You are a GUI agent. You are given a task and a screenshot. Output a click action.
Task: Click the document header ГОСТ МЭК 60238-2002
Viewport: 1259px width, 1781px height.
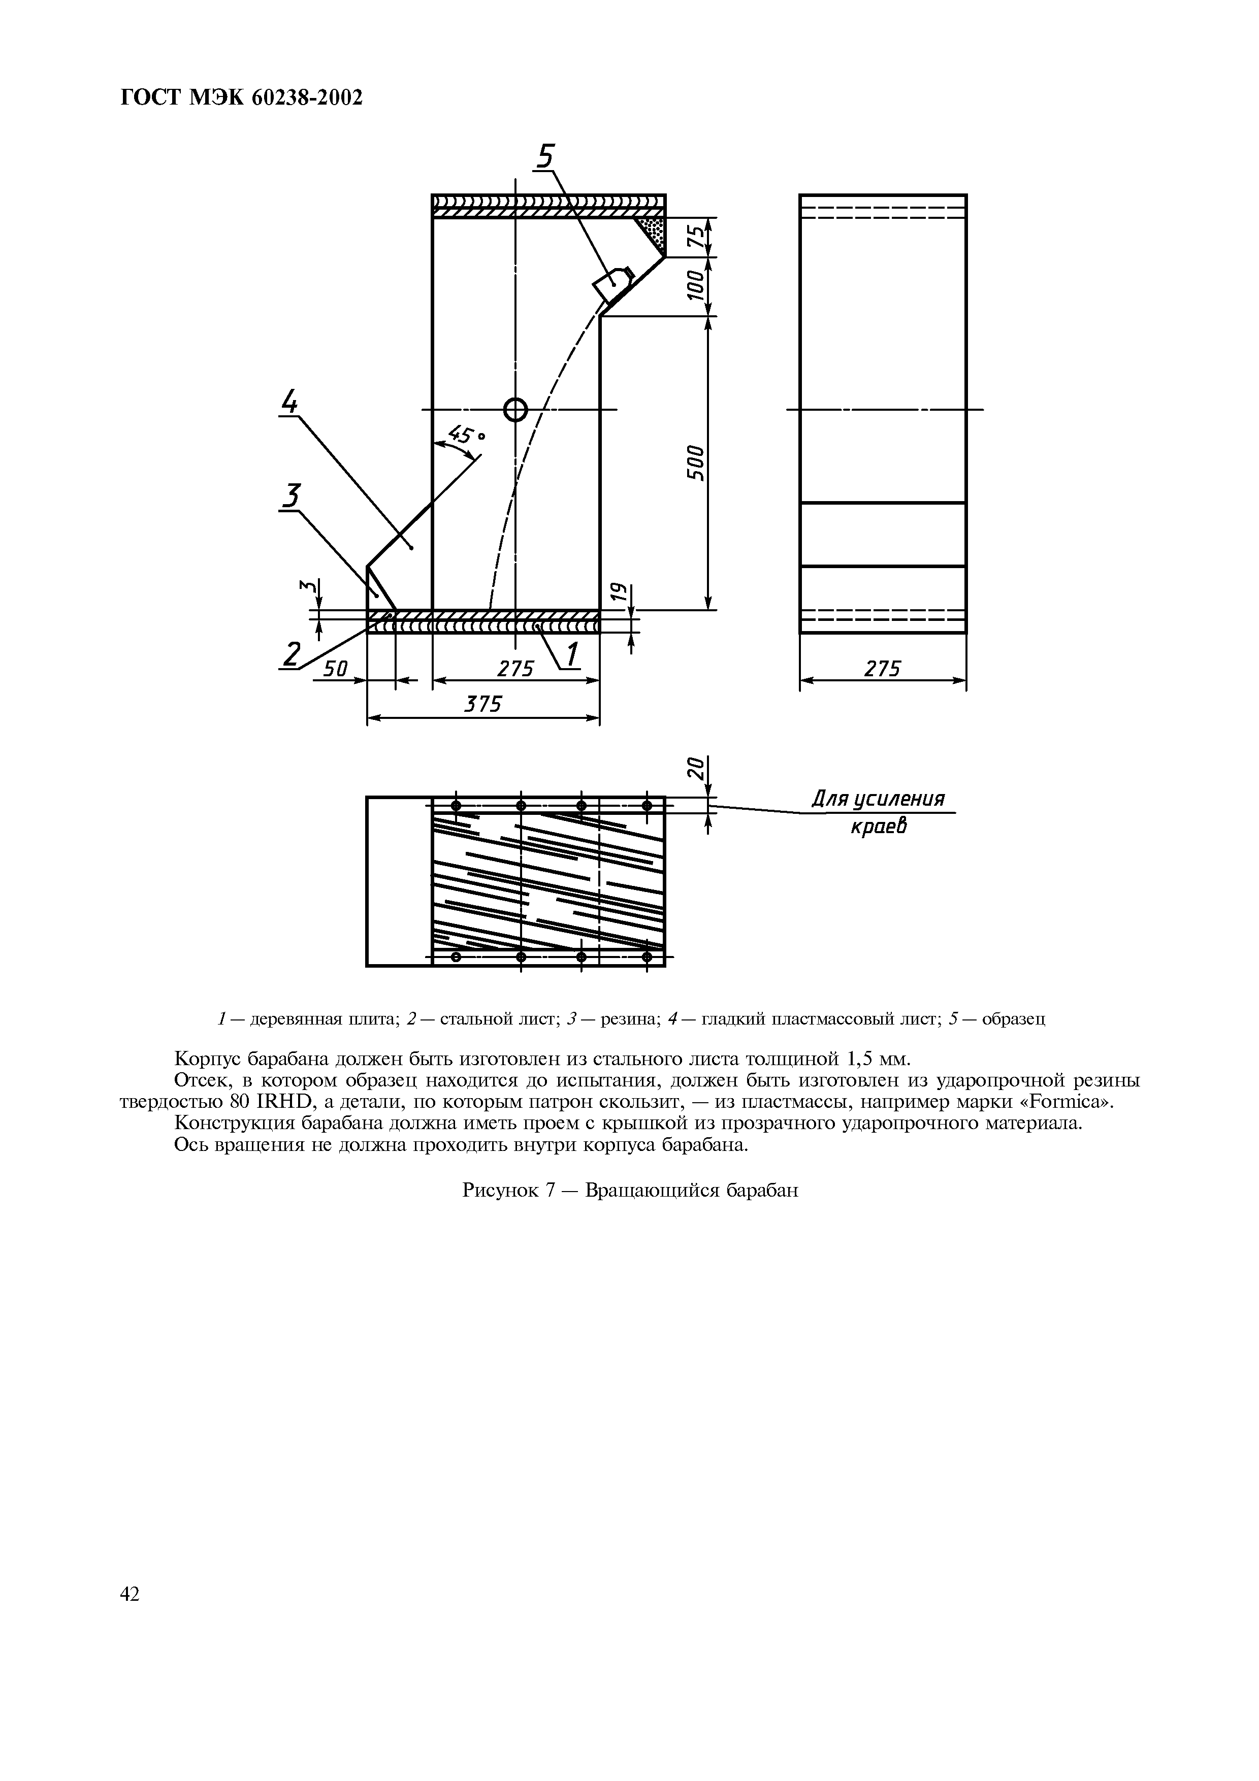242,98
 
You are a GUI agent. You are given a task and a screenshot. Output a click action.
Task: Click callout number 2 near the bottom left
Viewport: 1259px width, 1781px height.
291,655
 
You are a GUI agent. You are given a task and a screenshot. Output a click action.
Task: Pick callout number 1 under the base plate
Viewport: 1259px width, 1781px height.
572,655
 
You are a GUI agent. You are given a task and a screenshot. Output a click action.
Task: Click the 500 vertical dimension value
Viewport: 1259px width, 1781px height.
696,463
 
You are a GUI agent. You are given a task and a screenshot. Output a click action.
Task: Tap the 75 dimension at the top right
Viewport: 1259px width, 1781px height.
696,237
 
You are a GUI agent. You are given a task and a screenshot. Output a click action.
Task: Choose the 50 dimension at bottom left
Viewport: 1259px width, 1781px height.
335,668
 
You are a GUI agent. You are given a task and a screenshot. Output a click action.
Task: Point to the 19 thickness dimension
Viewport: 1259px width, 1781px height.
618,594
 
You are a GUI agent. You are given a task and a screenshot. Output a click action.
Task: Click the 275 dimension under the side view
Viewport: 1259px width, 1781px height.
882,668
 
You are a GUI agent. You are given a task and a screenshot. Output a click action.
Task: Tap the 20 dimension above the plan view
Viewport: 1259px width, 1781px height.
696,769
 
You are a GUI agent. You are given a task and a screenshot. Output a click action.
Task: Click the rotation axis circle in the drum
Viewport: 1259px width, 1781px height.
515,409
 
